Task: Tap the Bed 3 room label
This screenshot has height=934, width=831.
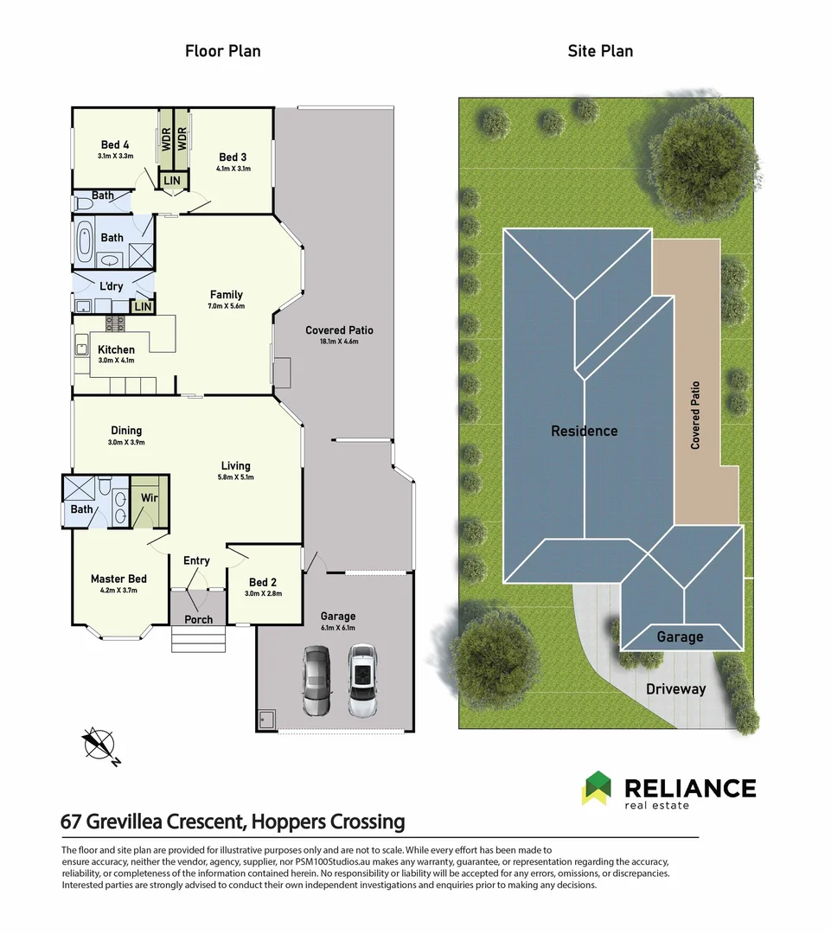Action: click(233, 157)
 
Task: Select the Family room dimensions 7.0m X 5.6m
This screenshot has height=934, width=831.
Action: click(227, 306)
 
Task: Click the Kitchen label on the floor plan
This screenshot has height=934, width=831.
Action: click(116, 349)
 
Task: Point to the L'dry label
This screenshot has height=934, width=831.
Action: click(112, 286)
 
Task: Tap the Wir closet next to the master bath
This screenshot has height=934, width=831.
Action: click(149, 499)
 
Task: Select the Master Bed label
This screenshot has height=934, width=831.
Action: click(118, 579)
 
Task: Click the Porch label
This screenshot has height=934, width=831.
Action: click(198, 619)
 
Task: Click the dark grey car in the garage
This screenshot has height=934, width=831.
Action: click(316, 681)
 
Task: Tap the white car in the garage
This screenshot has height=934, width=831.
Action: click(363, 681)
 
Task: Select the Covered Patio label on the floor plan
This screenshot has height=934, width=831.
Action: click(339, 330)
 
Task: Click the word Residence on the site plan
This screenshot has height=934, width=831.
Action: click(585, 431)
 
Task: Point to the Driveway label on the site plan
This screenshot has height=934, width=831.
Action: click(676, 689)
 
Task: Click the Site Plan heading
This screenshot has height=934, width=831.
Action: click(599, 51)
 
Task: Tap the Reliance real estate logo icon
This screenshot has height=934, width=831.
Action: click(596, 788)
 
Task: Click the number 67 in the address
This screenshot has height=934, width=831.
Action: click(73, 821)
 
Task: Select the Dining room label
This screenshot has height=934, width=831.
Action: click(126, 431)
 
